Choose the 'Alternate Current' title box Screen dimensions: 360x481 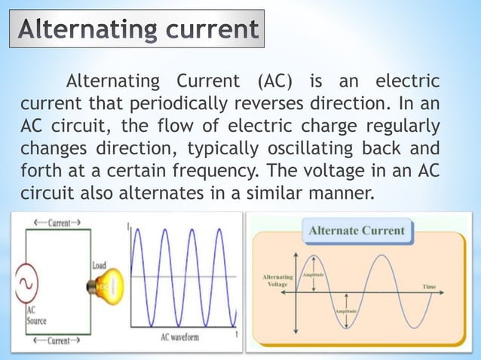(x=357, y=230)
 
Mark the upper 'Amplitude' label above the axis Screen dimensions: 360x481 (x=314, y=276)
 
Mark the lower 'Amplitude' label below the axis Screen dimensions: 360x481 (x=345, y=310)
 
